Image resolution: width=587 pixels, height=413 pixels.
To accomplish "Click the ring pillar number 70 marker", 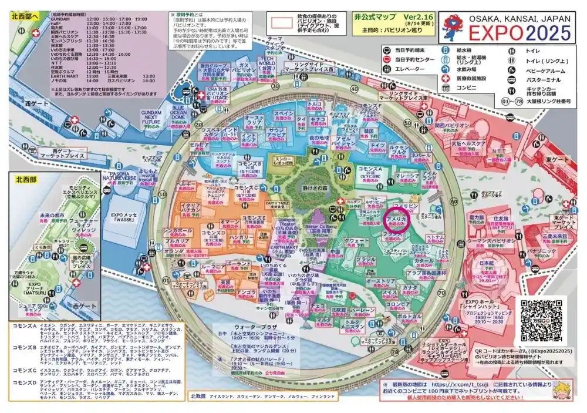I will pyautogui.click(x=441, y=291).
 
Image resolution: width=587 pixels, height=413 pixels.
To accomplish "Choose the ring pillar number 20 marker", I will pyautogui.click(x=200, y=124).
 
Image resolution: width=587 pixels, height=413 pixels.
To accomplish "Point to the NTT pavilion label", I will pyautogui.click(x=494, y=152).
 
